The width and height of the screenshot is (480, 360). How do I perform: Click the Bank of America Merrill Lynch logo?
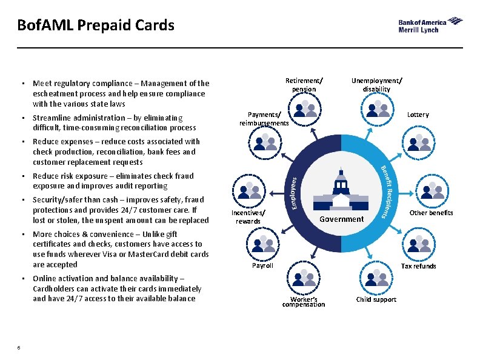[x=430, y=25]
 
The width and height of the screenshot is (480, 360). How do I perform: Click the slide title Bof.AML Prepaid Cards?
[x=96, y=25]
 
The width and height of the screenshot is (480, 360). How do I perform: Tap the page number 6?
[x=19, y=347]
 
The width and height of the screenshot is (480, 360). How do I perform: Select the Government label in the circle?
[x=342, y=219]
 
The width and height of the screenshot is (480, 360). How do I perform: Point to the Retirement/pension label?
[x=304, y=85]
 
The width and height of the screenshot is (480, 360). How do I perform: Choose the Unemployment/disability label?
[x=376, y=85]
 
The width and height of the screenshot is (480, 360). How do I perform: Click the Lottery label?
[x=418, y=115]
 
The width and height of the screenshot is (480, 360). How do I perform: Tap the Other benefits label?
[x=431, y=213]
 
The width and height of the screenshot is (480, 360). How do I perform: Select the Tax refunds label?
[x=419, y=266]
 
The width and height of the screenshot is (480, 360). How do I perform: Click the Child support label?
[x=376, y=299]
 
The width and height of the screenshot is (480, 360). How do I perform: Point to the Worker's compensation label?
[x=304, y=302]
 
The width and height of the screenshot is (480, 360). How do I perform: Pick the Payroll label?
[x=262, y=265]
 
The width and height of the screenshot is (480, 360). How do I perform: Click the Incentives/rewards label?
[x=248, y=217]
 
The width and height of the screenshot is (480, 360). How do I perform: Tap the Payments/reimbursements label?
[x=264, y=119]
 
